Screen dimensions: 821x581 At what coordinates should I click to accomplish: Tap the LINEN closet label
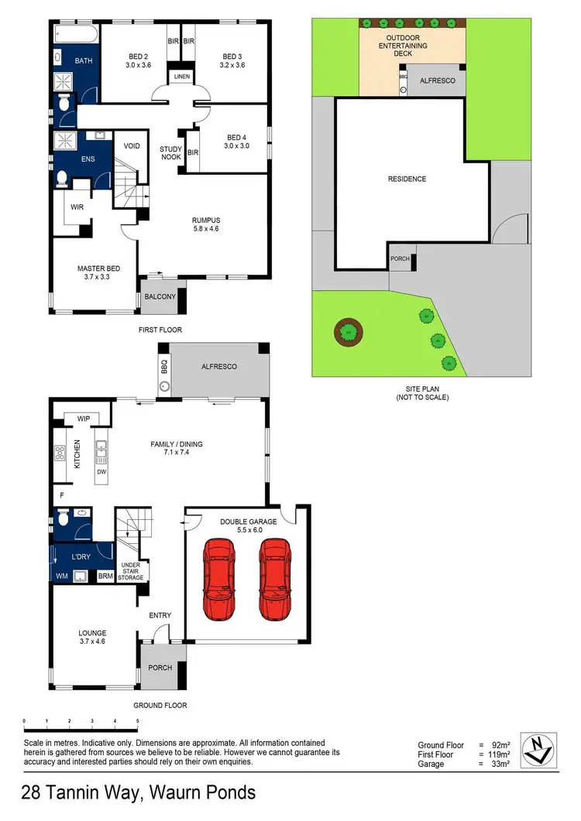pos(182,77)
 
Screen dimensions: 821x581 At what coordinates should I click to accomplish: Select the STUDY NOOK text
pos(170,152)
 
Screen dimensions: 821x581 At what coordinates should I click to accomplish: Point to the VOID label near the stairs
pos(132,145)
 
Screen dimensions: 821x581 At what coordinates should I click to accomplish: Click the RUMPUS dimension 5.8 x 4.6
pos(205,230)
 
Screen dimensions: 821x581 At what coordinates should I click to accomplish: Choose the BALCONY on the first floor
pos(158,296)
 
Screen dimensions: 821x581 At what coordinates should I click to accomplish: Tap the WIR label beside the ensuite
pos(77,207)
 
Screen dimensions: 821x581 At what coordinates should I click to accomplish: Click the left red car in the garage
pos(218,580)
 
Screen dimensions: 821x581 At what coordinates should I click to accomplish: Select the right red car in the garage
pos(274,580)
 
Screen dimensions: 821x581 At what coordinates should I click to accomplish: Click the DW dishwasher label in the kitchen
pos(101,471)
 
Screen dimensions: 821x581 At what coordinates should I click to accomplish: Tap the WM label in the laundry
pos(61,576)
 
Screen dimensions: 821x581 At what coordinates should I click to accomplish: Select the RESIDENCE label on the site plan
pos(407,179)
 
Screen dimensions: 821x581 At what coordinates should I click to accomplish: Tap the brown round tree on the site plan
pos(349,333)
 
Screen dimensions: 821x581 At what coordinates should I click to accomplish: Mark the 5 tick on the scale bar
pos(137,721)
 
